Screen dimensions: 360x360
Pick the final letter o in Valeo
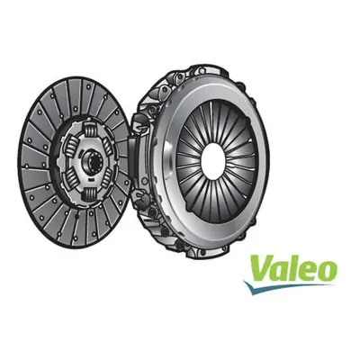pos(326,271)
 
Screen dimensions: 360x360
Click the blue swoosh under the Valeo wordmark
pos(288,286)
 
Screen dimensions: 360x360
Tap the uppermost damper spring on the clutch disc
pos(90,129)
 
